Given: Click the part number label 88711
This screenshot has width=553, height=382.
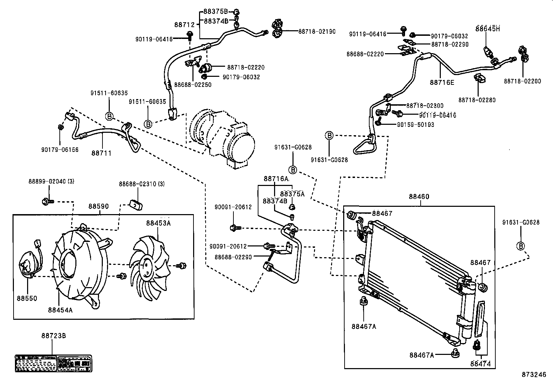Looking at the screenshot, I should point(102,153).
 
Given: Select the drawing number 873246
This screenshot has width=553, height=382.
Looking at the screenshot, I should point(534,375).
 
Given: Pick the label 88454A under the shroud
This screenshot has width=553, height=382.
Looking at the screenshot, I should point(60,310).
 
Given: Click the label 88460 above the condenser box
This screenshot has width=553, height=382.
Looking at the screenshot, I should point(419,197).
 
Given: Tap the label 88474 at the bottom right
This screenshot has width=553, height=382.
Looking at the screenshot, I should point(480,364).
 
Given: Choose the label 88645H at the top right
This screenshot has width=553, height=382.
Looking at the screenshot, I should point(488,29).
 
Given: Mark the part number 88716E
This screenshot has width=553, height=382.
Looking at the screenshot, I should point(442,82).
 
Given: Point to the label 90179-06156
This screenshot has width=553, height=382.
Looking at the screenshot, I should point(60,150).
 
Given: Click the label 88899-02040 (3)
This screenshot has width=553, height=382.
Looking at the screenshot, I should point(51,181).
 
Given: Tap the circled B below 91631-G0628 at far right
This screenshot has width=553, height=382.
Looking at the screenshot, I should point(520,246).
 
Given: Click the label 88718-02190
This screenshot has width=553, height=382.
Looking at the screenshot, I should point(317,31).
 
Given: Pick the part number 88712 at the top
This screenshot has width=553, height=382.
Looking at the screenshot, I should point(184,25).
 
